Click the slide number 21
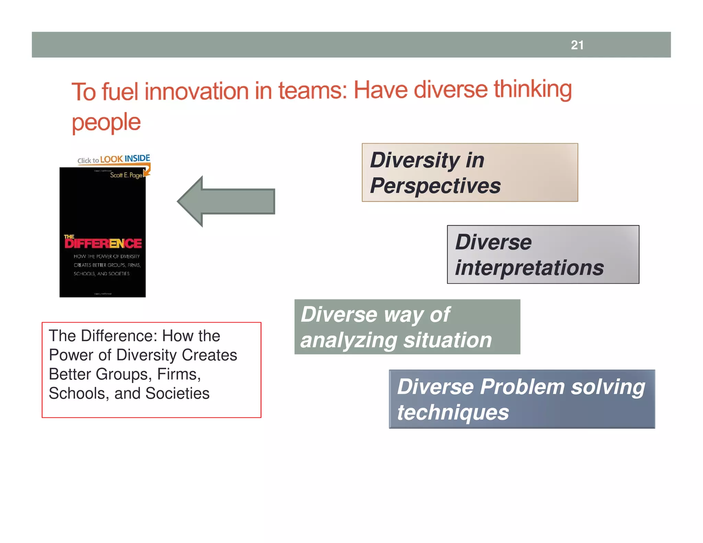(577, 45)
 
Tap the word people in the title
(106, 123)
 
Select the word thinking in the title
(533, 89)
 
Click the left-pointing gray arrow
(226, 201)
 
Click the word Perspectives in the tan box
(435, 186)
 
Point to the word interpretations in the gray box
(529, 268)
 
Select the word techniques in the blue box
(453, 412)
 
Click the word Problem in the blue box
(522, 387)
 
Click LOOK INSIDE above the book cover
(125, 159)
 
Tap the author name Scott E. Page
(126, 175)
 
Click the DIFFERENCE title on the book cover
(103, 243)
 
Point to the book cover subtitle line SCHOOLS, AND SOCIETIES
(102, 274)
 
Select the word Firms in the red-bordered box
(178, 374)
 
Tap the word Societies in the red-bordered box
(177, 393)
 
